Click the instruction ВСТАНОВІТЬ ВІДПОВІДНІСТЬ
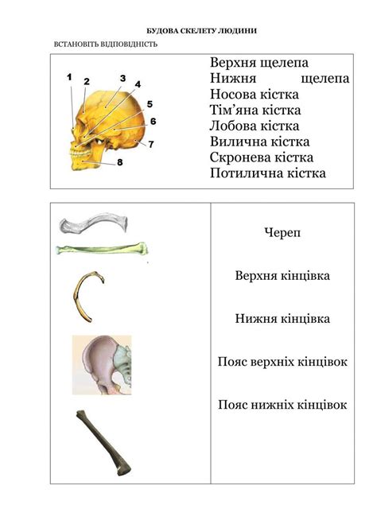[105, 44]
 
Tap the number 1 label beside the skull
[69, 77]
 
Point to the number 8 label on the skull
[119, 162]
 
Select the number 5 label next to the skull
[150, 104]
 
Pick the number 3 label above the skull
[123, 78]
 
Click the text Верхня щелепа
[259, 62]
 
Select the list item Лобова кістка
[254, 126]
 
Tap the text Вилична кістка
[258, 142]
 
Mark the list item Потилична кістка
[268, 173]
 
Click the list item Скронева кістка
[262, 157]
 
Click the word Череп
[282, 233]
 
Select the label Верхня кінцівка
[282, 276]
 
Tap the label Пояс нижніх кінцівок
[282, 405]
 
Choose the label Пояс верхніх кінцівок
[282, 362]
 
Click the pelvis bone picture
[102, 364]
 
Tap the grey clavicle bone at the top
[94, 223]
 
